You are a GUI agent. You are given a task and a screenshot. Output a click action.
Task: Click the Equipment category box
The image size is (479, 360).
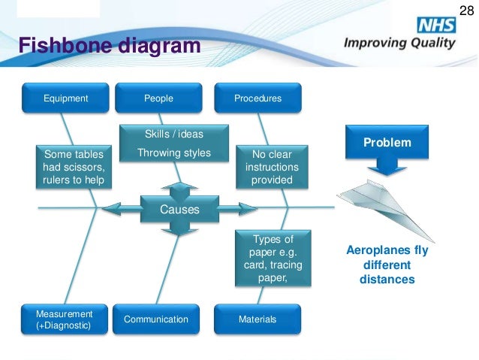(66, 98)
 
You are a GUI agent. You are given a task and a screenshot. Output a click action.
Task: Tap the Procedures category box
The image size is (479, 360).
(258, 98)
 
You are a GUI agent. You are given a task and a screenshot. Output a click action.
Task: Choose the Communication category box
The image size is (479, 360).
(156, 319)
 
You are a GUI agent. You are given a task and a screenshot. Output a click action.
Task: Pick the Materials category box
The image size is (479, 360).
(258, 319)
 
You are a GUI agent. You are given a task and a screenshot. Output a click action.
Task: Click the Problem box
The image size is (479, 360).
(387, 143)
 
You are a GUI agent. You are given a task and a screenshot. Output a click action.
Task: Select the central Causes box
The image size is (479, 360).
(179, 210)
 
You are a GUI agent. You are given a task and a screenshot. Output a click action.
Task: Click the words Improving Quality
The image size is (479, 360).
(399, 43)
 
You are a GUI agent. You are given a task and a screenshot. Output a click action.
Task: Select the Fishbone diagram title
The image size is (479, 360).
(110, 47)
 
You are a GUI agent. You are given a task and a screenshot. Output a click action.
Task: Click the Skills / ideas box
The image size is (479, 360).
(173, 135)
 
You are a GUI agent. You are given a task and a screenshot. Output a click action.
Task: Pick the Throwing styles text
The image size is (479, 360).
(173, 153)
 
